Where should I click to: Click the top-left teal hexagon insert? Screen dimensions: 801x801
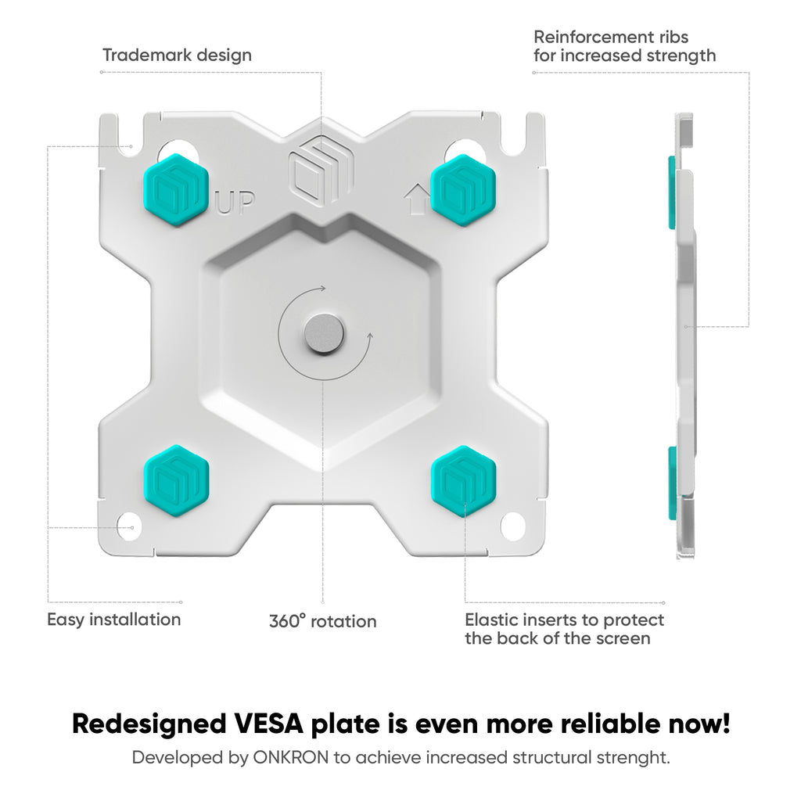(x=176, y=189)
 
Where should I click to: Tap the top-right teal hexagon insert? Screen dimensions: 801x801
(x=463, y=189)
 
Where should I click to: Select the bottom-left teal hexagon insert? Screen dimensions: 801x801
(x=176, y=481)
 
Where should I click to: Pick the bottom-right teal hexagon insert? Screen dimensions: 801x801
(x=464, y=481)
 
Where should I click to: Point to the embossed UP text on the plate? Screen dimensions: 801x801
(x=235, y=203)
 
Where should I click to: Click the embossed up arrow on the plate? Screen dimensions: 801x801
(x=418, y=199)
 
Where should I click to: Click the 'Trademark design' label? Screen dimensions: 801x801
(x=178, y=56)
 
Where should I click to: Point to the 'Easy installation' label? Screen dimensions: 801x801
(x=114, y=620)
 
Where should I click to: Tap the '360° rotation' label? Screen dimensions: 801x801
(x=323, y=621)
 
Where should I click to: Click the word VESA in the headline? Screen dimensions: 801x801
(x=266, y=724)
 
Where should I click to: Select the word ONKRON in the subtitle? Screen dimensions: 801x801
(x=291, y=757)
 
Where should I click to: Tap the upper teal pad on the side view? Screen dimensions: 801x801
(x=672, y=192)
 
